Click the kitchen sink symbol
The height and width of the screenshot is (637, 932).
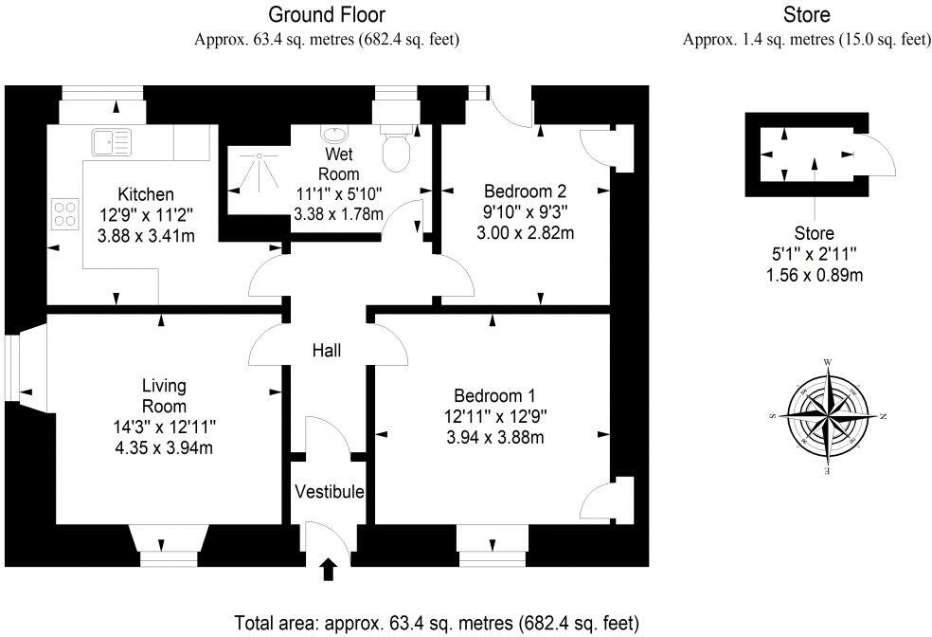[110, 143]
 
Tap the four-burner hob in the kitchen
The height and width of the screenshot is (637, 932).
[63, 213]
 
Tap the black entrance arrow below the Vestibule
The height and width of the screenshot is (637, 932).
[329, 568]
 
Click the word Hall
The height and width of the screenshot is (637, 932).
[327, 351]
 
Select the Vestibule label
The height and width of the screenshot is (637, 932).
[329, 491]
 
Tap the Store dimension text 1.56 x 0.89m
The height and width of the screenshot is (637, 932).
[814, 275]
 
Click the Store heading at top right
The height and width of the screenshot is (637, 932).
[806, 14]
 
